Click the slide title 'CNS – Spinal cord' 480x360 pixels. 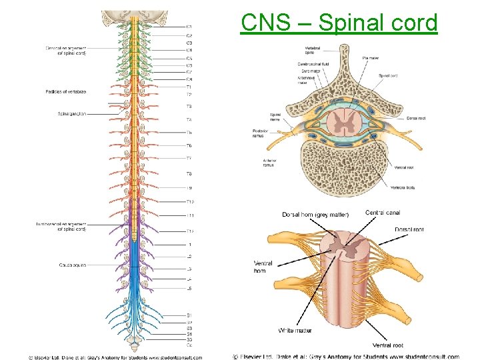(339, 23)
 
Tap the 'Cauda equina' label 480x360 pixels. (72, 265)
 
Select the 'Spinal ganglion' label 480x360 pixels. (71, 114)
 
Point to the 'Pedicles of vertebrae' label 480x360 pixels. (66, 91)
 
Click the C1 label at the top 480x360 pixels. (189, 27)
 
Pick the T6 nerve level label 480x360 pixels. (189, 145)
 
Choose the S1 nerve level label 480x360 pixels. (189, 315)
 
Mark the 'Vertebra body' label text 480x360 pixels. (403, 188)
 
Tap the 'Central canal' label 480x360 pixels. (383, 213)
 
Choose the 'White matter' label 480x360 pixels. (295, 331)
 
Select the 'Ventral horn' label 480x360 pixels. (263, 267)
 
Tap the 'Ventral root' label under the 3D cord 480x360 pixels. (388, 345)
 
